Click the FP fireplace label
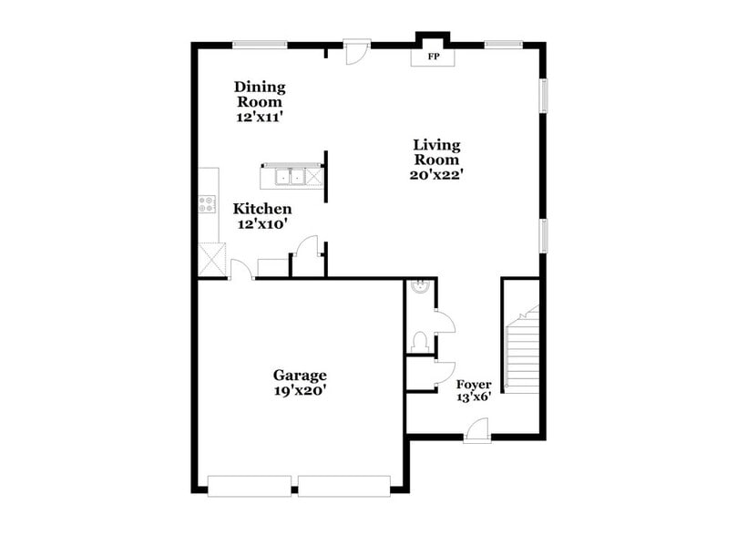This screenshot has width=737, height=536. coord(434,57)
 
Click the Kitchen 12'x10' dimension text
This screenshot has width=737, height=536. coord(262,224)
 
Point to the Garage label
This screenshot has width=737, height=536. coord(300,375)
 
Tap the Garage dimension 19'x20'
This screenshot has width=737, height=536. coord(300,390)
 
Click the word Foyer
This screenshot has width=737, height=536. coord(474,385)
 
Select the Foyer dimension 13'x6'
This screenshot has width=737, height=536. coord(474,398)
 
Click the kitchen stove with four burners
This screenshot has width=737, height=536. coord(208,204)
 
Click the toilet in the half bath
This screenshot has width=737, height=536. coord(420,342)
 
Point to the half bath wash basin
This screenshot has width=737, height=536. coord(420,289)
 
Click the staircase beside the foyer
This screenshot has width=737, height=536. coord(522,351)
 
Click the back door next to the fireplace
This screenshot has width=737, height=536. coord(356,52)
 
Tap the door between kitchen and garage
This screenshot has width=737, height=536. coord(241,270)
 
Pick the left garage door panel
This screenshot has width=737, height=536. coord(250,486)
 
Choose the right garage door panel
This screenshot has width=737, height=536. coord(344,486)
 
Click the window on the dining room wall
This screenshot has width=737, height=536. coord(261,44)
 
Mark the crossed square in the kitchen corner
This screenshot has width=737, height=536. coord(212,259)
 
